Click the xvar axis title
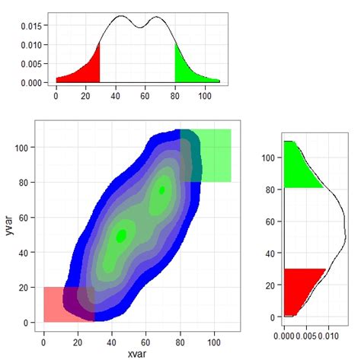click(x=138, y=352)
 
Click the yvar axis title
click(x=8, y=227)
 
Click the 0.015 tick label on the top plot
click(x=33, y=25)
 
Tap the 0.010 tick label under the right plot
click(x=328, y=335)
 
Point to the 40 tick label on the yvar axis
click(x=27, y=253)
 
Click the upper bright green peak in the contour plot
click(x=162, y=190)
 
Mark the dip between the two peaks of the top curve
click(x=139, y=27)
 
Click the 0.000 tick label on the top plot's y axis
click(x=33, y=82)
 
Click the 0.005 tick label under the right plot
click(x=306, y=335)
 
